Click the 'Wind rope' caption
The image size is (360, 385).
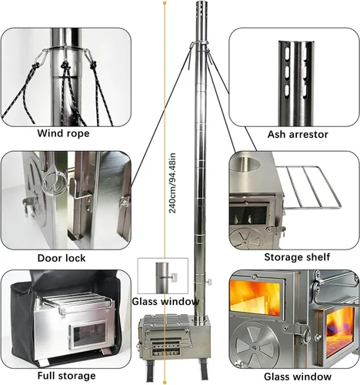[x=63, y=133]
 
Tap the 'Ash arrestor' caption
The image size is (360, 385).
[x=298, y=135]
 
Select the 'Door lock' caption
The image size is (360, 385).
[x=62, y=258]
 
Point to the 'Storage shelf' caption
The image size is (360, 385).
[x=297, y=257]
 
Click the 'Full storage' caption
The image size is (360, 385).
[x=66, y=376]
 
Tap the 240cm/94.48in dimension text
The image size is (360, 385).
[x=172, y=183]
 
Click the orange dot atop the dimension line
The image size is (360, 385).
[x=165, y=3]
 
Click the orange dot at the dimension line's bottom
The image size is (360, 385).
[x=165, y=383]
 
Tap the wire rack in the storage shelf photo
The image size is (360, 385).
[x=312, y=187]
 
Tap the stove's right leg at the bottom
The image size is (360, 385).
[x=205, y=370]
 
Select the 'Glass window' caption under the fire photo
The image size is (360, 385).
[x=298, y=377]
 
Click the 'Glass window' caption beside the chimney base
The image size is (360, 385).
[x=165, y=301]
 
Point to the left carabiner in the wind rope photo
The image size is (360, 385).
[x=42, y=56]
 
